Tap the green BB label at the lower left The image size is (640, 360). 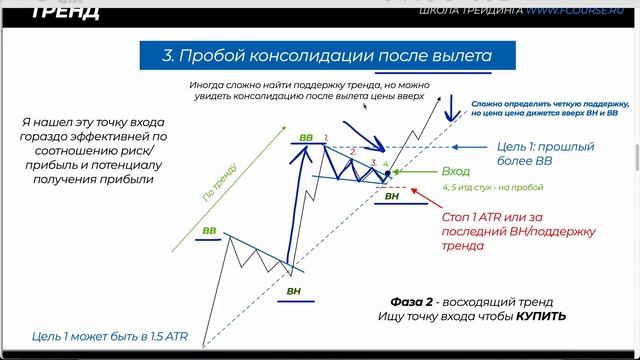(210, 231)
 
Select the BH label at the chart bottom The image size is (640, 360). (293, 291)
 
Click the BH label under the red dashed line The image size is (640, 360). (393, 197)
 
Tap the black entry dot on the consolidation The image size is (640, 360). (386, 175)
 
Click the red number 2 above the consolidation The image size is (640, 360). (351, 151)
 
